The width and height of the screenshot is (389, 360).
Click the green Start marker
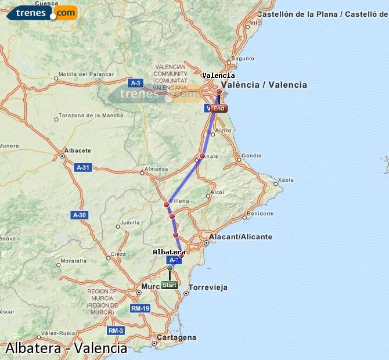click(x=170, y=285)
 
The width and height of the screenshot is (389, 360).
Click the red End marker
click(x=218, y=109)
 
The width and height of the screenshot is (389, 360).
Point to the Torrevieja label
click(x=208, y=287)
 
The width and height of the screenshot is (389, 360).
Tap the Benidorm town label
click(x=260, y=214)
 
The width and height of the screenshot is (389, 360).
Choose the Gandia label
click(x=251, y=156)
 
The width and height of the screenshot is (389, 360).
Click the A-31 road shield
click(x=83, y=167)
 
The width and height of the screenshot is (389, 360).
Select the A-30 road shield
click(x=80, y=215)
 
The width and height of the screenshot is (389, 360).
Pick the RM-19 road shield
click(x=140, y=308)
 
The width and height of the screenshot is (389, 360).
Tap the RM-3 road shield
click(x=116, y=330)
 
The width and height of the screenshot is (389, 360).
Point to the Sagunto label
click(x=243, y=59)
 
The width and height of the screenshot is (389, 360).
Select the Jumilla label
click(x=130, y=222)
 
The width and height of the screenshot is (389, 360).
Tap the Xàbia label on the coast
click(x=286, y=180)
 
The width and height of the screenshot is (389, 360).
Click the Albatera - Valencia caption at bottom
click(x=66, y=348)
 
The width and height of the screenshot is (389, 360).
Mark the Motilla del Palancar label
click(x=81, y=74)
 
